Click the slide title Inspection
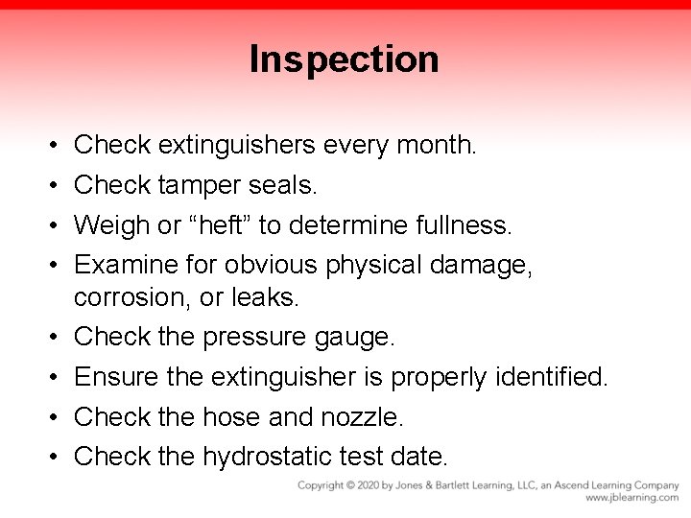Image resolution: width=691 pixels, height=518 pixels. pyautogui.click(x=345, y=59)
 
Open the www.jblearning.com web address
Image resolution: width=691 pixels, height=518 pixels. pyautogui.click(x=631, y=498)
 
